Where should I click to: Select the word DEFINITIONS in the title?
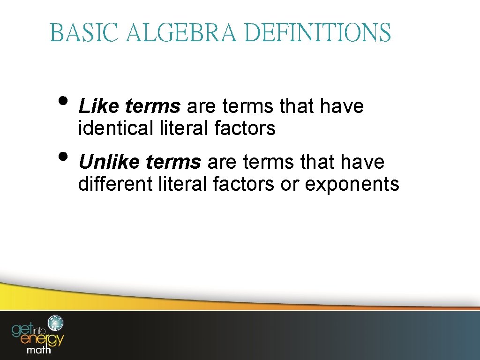coord(317,33)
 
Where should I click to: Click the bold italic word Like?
coord(99,107)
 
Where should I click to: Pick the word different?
coord(115,184)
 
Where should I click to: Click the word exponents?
coord(352,185)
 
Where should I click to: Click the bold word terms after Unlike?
coord(173,162)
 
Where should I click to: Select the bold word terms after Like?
coord(153,107)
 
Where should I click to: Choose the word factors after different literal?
coord(244,184)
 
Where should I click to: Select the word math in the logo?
coord(39,350)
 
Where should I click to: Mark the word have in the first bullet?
coord(342,107)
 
